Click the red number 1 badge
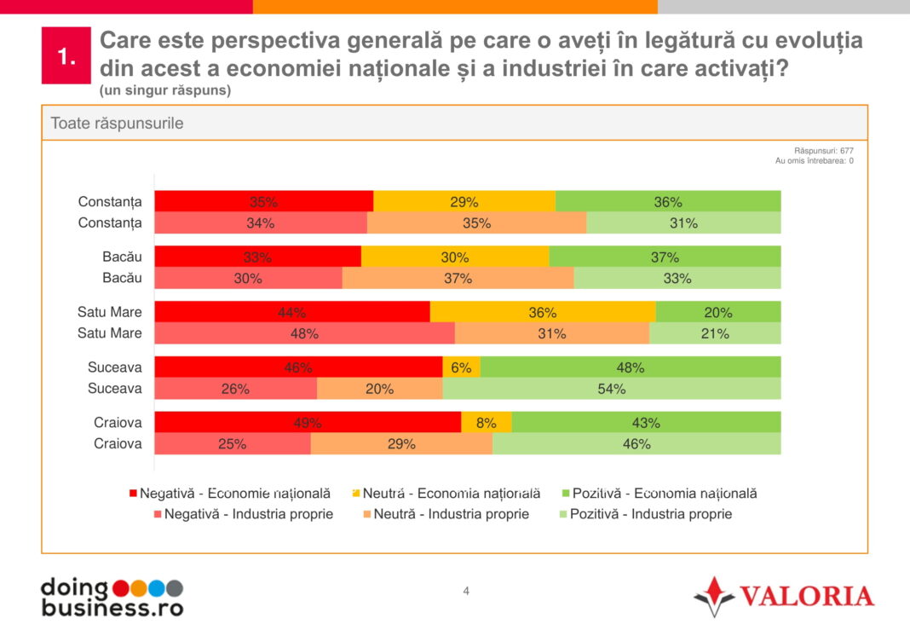pos(66,56)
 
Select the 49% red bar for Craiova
pos(308,422)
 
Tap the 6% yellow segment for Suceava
pos(461,367)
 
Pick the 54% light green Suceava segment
pos(611,389)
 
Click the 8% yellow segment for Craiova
pos(487,422)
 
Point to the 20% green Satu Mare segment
pos(718,312)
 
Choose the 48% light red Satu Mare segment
pos(304,333)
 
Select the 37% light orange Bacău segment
pos(458,278)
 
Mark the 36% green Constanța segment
pos(668,202)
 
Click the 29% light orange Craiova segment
pos(401,443)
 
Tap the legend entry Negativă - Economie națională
pos(229,493)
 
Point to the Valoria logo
pos(783,595)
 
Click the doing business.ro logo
pos(112,597)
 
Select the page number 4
pos(466,591)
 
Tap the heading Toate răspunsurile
pos(117,123)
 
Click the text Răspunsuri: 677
pos(823,150)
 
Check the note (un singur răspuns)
pos(164,90)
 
